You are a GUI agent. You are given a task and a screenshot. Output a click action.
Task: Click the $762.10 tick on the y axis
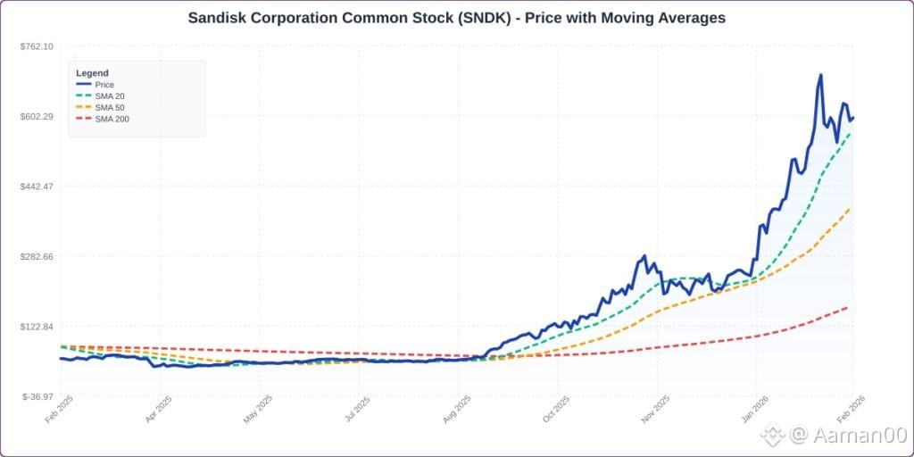[37, 46]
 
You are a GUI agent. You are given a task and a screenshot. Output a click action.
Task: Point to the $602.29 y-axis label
[37, 116]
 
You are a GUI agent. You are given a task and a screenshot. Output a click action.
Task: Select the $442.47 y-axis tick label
[37, 187]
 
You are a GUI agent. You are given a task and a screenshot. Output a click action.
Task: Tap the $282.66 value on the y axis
[37, 256]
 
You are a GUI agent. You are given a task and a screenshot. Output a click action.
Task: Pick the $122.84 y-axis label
[37, 327]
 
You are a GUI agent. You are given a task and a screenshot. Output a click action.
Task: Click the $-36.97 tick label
[37, 397]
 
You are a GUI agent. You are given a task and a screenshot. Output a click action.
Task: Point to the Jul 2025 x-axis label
[353, 411]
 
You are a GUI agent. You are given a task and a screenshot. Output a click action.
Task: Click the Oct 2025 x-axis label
[552, 411]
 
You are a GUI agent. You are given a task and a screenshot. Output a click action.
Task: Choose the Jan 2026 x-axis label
[751, 411]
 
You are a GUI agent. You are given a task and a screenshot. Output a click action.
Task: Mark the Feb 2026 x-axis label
[849, 411]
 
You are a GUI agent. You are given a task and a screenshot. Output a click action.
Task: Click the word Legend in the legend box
[92, 73]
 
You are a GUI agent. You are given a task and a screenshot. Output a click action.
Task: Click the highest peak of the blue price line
[821, 75]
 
